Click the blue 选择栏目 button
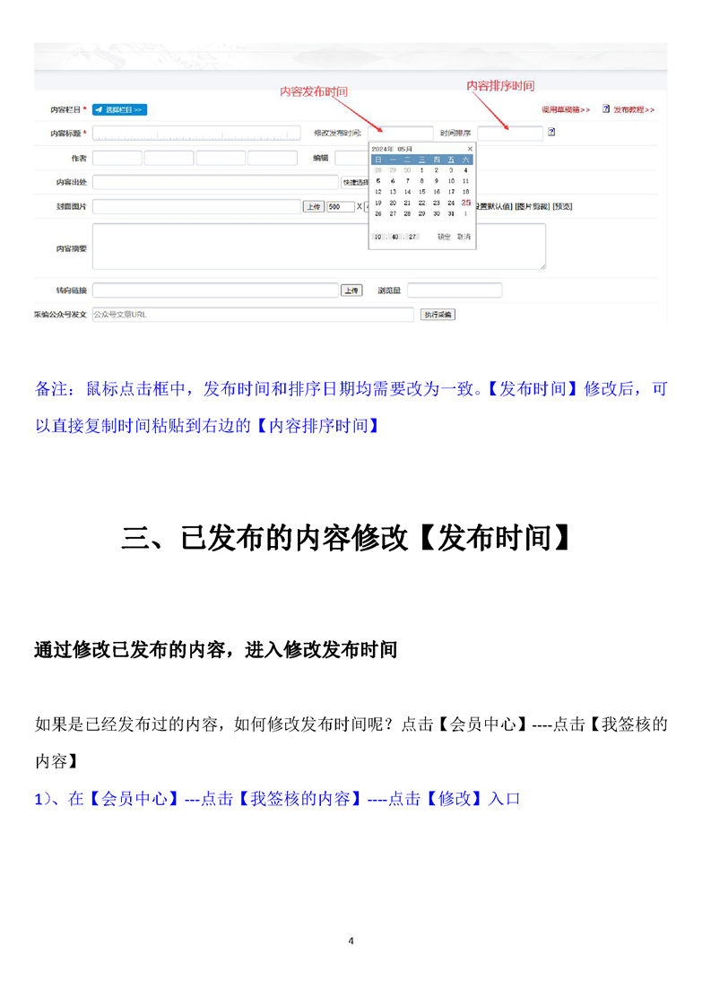119,109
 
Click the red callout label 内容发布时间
313,91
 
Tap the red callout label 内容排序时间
500,86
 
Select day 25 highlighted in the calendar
465,203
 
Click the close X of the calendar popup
469,148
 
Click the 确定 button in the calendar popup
444,237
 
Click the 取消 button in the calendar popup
463,237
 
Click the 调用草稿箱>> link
565,109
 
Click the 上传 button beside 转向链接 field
351,291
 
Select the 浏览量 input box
455,291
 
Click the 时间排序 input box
509,134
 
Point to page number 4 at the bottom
351,941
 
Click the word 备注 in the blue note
53,389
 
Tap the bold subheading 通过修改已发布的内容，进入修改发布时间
215,650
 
